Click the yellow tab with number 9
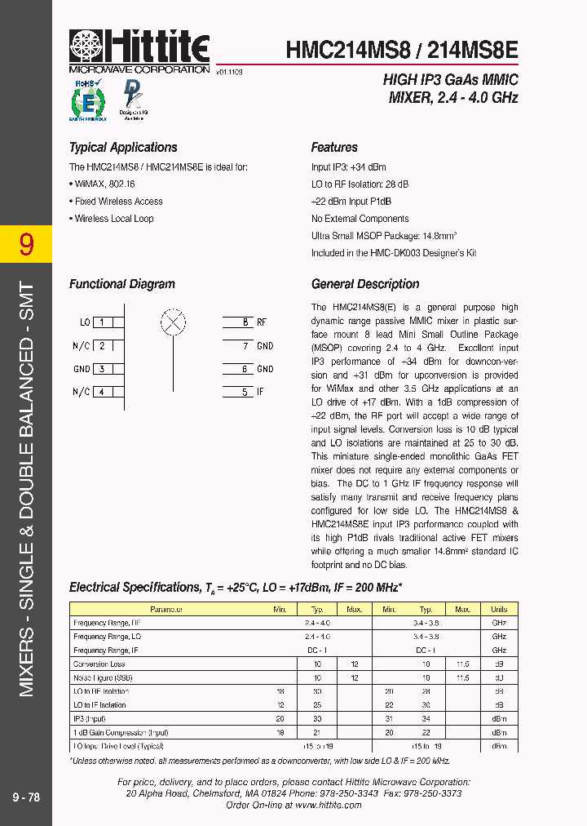click(26, 244)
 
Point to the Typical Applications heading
click(123, 148)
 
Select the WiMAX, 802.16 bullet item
click(107, 184)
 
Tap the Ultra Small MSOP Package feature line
click(383, 236)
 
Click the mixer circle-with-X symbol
click(172, 322)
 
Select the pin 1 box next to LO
click(102, 322)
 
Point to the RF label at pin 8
click(262, 322)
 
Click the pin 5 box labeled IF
click(244, 392)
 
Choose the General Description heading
click(365, 284)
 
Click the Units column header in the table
click(499, 609)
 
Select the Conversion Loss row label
click(102, 664)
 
